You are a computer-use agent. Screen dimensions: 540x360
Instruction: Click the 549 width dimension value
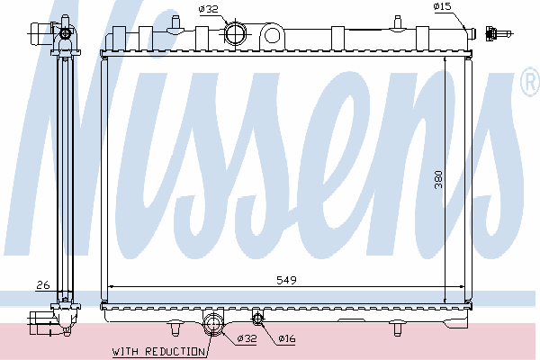(286, 280)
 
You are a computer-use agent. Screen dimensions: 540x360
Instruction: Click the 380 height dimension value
(438, 179)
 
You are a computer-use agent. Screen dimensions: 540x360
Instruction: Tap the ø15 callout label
(442, 6)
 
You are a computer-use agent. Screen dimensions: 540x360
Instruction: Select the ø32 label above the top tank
(209, 9)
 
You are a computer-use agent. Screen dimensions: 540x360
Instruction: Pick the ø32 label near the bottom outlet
(247, 338)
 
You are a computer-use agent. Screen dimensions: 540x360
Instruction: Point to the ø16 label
(287, 338)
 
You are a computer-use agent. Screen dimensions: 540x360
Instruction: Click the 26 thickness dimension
(43, 285)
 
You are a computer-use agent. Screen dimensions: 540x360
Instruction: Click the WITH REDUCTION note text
(158, 352)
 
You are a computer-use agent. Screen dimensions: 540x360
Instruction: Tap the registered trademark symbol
(530, 82)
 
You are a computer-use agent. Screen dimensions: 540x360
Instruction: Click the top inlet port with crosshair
(236, 34)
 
